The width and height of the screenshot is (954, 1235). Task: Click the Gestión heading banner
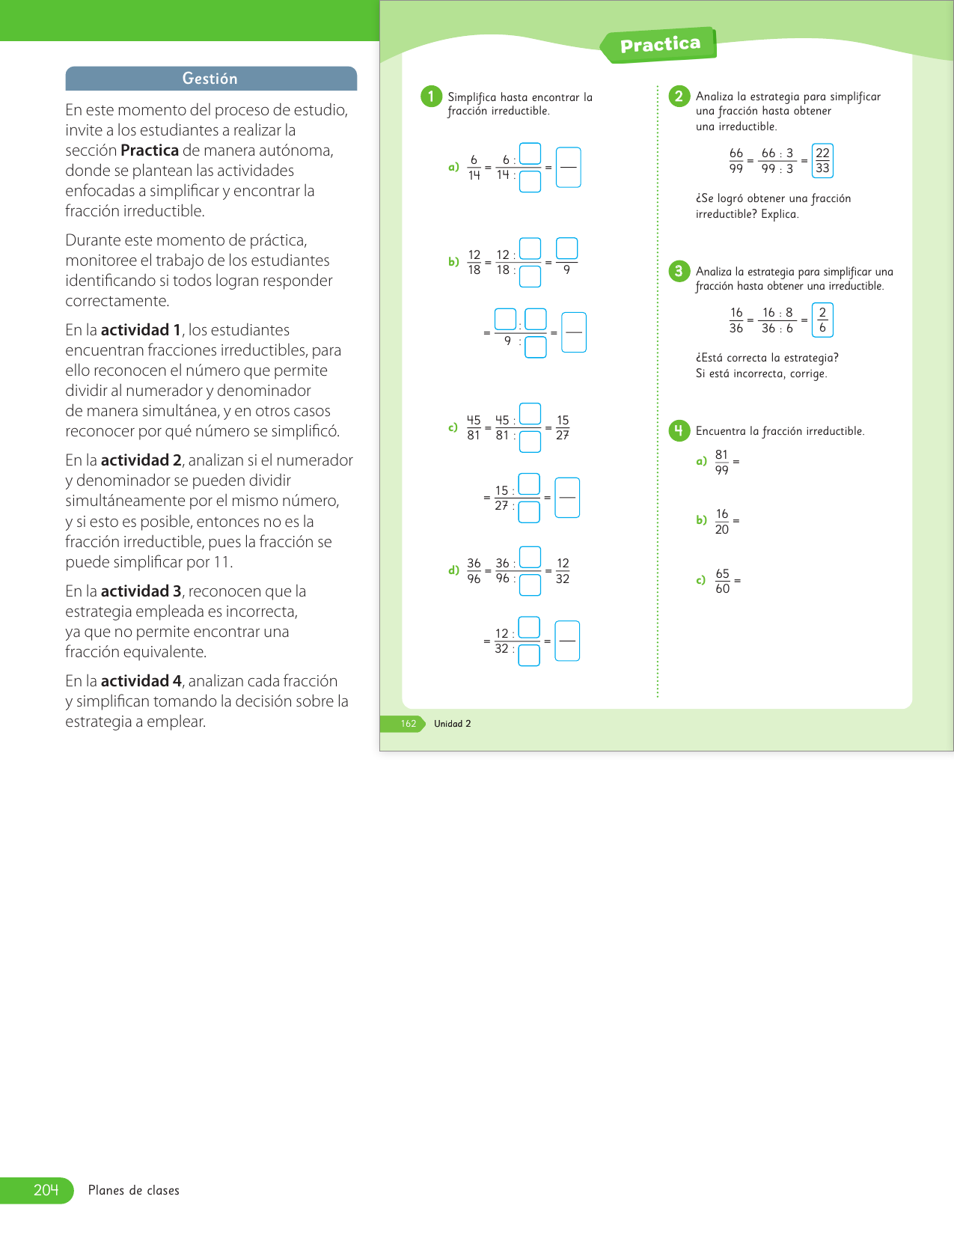(210, 79)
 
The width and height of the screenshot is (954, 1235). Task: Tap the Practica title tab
(660, 45)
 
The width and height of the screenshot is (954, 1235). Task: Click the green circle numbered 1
(431, 97)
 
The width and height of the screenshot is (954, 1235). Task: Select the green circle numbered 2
(679, 96)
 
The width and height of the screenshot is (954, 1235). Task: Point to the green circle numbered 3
(679, 271)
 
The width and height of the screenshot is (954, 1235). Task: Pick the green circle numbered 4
(679, 430)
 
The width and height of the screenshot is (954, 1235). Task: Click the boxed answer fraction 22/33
(822, 161)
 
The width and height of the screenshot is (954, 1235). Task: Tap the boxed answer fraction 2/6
(822, 320)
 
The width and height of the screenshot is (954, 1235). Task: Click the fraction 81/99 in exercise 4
(721, 463)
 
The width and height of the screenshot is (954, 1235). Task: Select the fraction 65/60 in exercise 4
(722, 581)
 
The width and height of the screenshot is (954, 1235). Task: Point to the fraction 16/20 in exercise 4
(721, 522)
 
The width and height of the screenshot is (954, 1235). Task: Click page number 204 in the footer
(46, 1190)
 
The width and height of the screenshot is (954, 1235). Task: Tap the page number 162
(409, 724)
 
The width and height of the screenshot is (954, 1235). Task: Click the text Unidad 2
(453, 724)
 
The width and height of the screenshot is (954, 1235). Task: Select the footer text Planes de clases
(134, 1190)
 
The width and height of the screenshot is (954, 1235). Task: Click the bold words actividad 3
(141, 591)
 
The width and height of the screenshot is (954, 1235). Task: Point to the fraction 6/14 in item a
(474, 168)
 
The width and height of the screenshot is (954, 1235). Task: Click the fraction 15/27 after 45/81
(563, 427)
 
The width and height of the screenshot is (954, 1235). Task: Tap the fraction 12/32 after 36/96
(563, 571)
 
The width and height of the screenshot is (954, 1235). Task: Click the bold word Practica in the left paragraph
(150, 150)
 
